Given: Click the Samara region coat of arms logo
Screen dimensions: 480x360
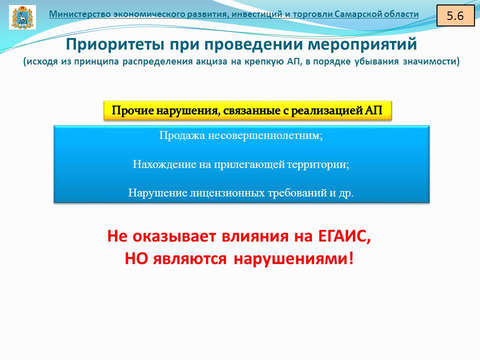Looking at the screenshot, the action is (x=22, y=17).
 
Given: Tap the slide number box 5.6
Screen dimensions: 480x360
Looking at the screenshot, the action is (x=455, y=15).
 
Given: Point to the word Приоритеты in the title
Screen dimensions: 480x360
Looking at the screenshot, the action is (x=115, y=44).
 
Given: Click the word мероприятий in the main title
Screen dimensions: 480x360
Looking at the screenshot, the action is (x=362, y=44).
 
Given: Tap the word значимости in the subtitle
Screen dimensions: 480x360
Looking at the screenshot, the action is (x=431, y=61).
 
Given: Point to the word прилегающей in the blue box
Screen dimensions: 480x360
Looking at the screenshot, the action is (x=249, y=164).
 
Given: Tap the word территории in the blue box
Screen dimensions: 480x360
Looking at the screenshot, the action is (x=318, y=164).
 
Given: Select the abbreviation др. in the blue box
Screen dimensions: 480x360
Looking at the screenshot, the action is (x=346, y=193).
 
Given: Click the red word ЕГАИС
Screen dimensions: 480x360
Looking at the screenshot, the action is (x=344, y=236).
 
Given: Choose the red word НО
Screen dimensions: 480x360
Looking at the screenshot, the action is (x=136, y=259).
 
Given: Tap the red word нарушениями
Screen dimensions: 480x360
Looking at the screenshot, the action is (x=293, y=259).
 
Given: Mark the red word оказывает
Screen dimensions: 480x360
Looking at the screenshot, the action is (x=174, y=236).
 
